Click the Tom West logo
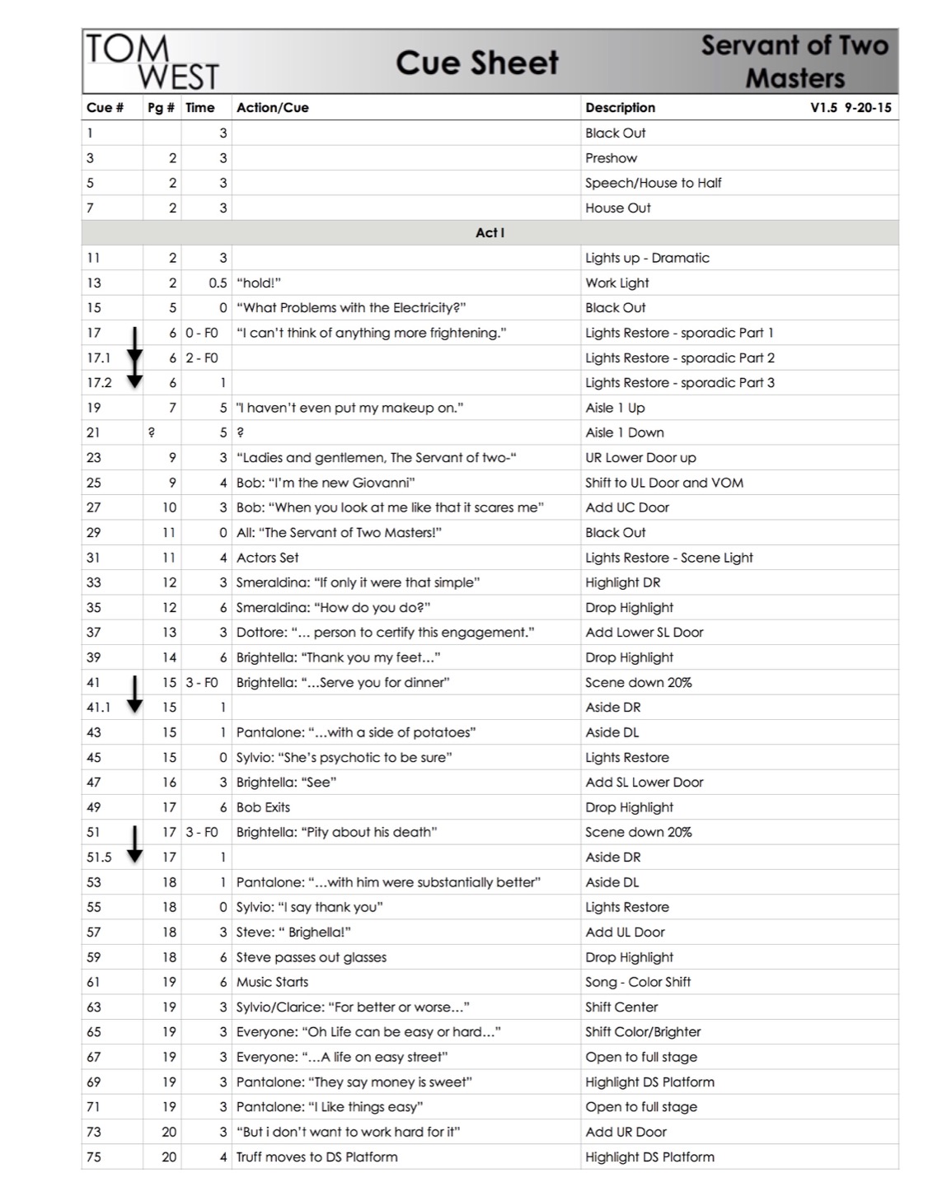[x=152, y=63]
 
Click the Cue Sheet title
[x=476, y=63]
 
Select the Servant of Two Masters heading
[x=794, y=62]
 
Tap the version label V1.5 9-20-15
[x=851, y=108]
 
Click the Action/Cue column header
[x=272, y=108]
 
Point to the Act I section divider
[x=490, y=233]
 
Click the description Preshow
[x=611, y=158]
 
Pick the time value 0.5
[x=218, y=283]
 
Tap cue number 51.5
[x=99, y=857]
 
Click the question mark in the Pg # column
[x=152, y=432]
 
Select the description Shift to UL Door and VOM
[x=663, y=483]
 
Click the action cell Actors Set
[x=267, y=558]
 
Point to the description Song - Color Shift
[x=637, y=982]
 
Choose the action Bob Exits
[x=263, y=807]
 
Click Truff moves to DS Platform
[x=316, y=1157]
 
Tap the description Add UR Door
[x=626, y=1132]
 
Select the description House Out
[x=617, y=208]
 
